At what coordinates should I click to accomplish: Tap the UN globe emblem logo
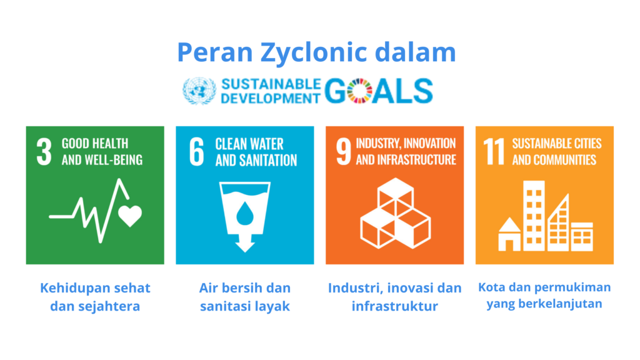(x=199, y=91)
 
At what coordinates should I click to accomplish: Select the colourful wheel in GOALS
(x=359, y=91)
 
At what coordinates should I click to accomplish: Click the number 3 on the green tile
(x=44, y=151)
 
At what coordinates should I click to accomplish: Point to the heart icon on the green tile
(x=130, y=216)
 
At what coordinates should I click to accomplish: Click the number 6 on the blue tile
(x=197, y=151)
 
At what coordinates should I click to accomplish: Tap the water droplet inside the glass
(x=245, y=213)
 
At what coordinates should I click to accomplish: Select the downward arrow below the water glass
(x=245, y=243)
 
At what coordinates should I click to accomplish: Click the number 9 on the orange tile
(x=343, y=151)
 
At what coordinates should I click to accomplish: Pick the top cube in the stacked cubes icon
(x=395, y=192)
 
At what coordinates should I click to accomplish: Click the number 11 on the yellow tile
(x=494, y=151)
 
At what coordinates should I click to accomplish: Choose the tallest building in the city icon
(x=534, y=216)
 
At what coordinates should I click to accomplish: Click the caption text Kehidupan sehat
(x=95, y=288)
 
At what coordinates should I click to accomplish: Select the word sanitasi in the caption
(x=226, y=306)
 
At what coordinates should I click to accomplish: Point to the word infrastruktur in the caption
(x=395, y=306)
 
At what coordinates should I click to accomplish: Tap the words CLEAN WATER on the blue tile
(x=249, y=144)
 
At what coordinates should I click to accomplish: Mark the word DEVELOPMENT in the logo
(x=271, y=98)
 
